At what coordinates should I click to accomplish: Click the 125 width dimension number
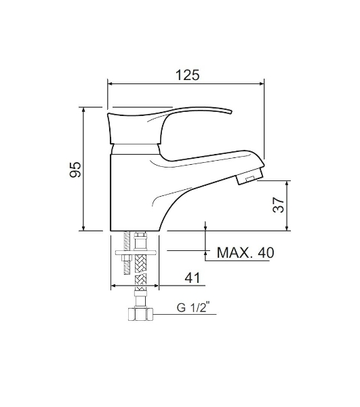188,75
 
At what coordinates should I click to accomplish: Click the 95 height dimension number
75,170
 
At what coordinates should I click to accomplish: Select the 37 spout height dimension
279,205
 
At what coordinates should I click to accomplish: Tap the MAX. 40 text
245,252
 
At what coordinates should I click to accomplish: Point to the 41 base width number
193,278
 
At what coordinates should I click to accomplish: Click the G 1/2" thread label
193,307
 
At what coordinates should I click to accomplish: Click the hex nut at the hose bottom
140,314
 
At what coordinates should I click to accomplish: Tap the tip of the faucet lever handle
230,112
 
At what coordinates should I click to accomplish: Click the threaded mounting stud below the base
127,253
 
